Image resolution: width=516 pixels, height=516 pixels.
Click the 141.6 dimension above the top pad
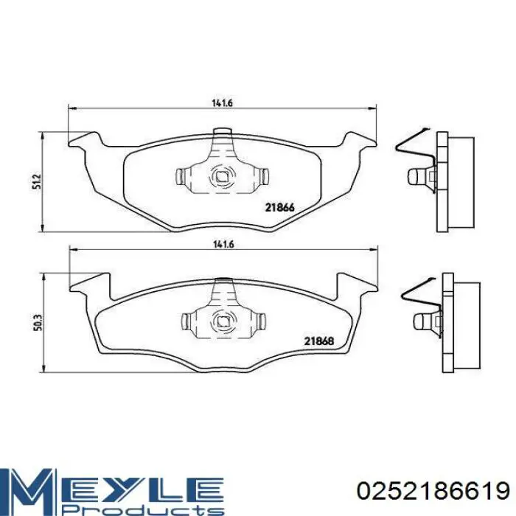(222, 103)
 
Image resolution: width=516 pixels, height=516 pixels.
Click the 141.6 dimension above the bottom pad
(223, 245)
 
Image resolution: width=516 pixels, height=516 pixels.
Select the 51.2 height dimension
(37, 181)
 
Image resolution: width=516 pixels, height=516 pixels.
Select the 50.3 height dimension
(38, 323)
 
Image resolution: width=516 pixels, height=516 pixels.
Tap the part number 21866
(279, 208)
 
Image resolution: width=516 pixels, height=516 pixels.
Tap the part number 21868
(319, 341)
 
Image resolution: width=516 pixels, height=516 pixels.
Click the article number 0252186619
(433, 492)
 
